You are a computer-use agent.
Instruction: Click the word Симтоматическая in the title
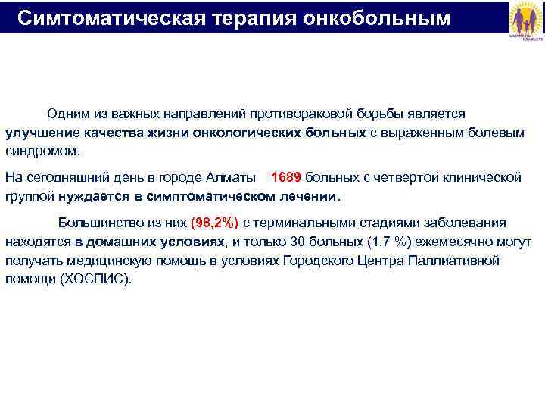click(x=103, y=17)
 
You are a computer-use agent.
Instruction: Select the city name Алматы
click(x=235, y=177)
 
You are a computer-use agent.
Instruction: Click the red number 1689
click(x=285, y=177)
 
